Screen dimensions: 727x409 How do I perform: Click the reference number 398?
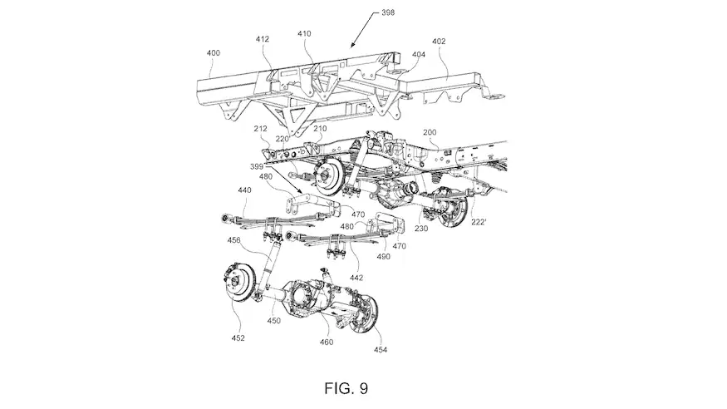click(388, 12)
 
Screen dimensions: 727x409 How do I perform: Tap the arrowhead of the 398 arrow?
click(353, 45)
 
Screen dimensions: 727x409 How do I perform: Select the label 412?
click(263, 39)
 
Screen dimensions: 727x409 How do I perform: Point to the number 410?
click(304, 34)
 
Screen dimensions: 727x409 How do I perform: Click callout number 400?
click(214, 53)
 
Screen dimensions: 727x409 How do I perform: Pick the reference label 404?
click(418, 54)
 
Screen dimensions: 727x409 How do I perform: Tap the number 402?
click(439, 42)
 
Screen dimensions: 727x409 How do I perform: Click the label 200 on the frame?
click(430, 132)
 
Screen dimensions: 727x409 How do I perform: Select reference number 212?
click(261, 129)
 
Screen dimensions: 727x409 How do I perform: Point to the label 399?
click(257, 166)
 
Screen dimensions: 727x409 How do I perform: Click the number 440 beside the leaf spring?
click(244, 190)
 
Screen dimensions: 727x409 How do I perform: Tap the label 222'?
click(479, 222)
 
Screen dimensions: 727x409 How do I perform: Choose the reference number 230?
click(421, 228)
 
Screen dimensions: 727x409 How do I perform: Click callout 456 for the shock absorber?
click(234, 240)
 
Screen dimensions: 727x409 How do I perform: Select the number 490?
click(383, 256)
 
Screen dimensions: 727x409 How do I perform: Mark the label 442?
click(356, 278)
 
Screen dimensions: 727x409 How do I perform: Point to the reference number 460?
click(326, 342)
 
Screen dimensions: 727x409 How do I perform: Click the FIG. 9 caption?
click(346, 388)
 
